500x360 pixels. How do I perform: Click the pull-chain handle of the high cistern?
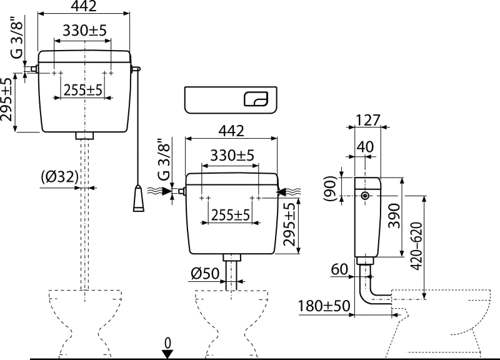(x=138, y=198)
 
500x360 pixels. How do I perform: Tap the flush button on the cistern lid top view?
(x=256, y=99)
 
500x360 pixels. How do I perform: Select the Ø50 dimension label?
(x=205, y=273)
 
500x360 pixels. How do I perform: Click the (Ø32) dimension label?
(x=59, y=177)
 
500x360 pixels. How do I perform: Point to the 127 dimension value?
(x=368, y=120)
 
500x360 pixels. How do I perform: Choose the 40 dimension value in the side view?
(x=365, y=147)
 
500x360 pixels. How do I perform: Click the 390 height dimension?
(x=394, y=216)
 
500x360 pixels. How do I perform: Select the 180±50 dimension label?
(x=324, y=306)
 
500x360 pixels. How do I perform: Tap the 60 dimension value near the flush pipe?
(x=339, y=269)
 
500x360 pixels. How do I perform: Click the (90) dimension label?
(x=330, y=189)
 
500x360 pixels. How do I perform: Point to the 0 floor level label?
(x=167, y=343)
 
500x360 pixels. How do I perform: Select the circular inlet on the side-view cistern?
(x=365, y=196)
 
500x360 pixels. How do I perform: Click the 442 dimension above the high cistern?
(x=84, y=6)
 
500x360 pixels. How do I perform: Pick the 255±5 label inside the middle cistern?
(x=231, y=215)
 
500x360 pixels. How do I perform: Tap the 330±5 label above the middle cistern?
(x=232, y=155)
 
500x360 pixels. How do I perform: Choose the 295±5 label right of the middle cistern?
(x=290, y=224)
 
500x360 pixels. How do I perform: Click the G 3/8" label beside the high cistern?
(x=17, y=37)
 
